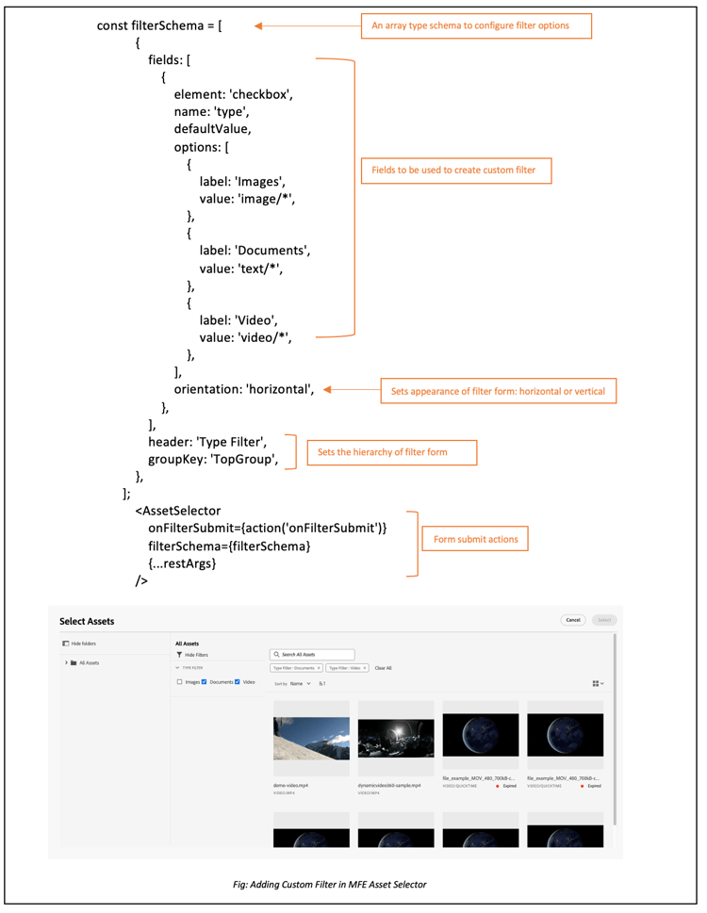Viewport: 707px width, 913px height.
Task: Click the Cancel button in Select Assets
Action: coord(572,620)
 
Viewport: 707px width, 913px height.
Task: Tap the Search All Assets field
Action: coord(312,654)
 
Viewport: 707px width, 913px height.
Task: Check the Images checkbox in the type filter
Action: coord(179,682)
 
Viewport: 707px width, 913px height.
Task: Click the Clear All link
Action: coord(383,668)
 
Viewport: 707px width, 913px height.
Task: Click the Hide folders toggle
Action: coord(79,644)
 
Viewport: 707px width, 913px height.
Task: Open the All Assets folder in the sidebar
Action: coord(89,662)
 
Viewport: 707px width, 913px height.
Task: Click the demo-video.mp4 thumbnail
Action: coord(311,739)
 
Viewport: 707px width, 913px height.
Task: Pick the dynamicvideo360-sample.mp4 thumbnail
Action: coord(396,739)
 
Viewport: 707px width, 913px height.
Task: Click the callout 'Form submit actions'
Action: coord(475,540)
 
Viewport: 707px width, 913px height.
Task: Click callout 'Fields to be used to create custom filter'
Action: coord(454,171)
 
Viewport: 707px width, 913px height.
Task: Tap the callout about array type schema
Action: coord(476,25)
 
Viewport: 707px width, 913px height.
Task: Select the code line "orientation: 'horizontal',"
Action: coord(243,389)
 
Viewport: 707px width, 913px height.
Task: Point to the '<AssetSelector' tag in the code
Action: coord(178,511)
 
